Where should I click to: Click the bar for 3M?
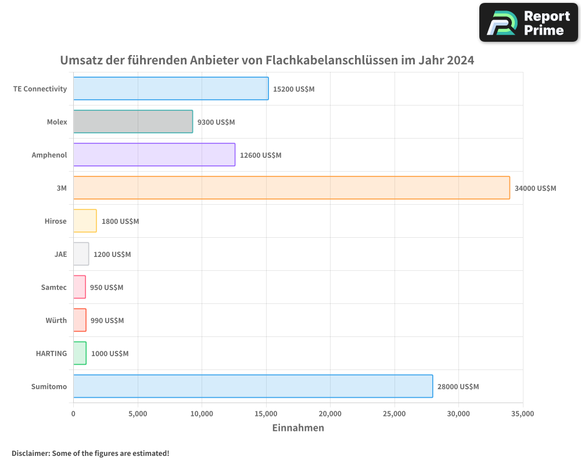point(291,188)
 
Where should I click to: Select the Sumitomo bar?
point(253,386)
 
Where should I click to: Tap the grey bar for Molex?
point(133,122)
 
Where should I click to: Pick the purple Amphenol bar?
point(154,155)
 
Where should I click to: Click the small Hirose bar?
point(85,221)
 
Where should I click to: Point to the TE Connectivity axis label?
point(40,89)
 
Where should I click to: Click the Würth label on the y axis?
point(56,320)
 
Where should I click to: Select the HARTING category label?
point(51,353)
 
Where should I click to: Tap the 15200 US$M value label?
point(293,89)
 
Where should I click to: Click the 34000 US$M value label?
point(535,188)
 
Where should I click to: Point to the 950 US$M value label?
point(106,288)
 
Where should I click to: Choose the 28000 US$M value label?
point(458,387)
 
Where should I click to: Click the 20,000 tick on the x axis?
point(330,414)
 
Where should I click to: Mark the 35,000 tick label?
point(522,414)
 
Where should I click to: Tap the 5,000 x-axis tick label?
point(138,414)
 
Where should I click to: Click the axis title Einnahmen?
point(298,428)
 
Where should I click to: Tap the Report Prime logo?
point(529,23)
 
